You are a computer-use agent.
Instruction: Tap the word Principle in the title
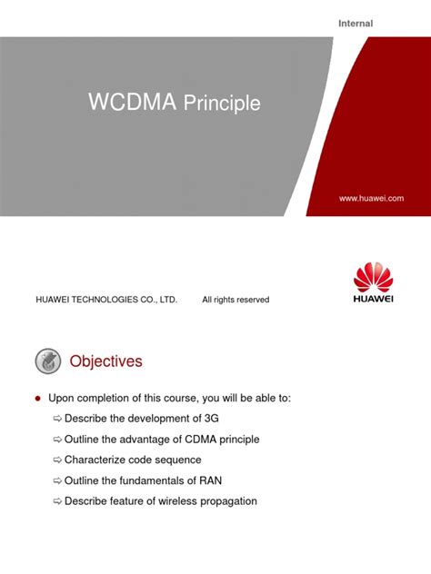[x=223, y=104]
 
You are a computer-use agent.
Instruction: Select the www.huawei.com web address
[x=371, y=198]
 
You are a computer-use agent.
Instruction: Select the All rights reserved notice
[x=236, y=300]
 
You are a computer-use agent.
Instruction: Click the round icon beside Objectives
[x=47, y=361]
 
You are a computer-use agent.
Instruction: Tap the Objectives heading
[x=106, y=361]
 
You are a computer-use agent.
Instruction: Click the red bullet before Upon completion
[x=37, y=399]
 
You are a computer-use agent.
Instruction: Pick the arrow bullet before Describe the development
[x=57, y=419]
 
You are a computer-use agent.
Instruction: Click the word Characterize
[x=95, y=460]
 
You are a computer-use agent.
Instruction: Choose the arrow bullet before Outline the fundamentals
[x=57, y=480]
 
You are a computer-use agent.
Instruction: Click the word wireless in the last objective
[x=172, y=500]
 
